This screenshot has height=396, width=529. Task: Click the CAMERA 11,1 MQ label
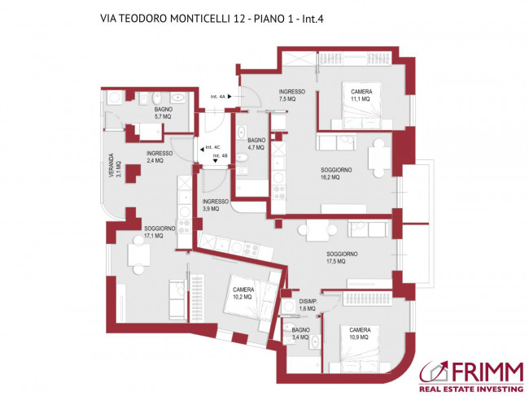pyautogui.click(x=361, y=95)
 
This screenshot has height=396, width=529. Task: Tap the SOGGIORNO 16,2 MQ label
pyautogui.click(x=335, y=172)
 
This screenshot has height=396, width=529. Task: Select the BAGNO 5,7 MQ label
pyautogui.click(x=163, y=113)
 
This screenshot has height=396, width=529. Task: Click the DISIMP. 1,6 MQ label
pyautogui.click(x=306, y=305)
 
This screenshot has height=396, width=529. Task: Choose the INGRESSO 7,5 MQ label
pyautogui.click(x=291, y=95)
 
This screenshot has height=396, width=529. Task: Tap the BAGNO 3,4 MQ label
pyautogui.click(x=300, y=332)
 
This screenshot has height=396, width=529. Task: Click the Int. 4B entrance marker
pyautogui.click(x=219, y=157)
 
